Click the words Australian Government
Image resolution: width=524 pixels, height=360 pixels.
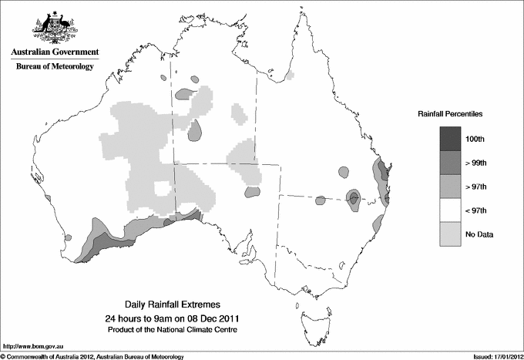click(55, 52)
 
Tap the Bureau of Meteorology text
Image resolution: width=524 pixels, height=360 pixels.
click(55, 66)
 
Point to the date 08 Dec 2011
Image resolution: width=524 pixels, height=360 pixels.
click(207, 318)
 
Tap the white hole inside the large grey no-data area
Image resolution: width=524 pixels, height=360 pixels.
click(163, 189)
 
